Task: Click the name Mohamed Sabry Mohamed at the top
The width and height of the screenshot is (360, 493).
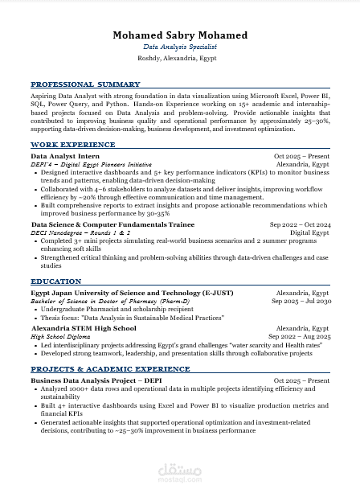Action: [180, 35]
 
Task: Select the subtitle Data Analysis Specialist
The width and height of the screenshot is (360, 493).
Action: [180, 47]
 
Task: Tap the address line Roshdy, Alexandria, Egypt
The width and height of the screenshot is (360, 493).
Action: [180, 59]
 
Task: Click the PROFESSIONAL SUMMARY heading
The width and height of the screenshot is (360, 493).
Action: [85, 84]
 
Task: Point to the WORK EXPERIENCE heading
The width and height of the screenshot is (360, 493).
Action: [72, 145]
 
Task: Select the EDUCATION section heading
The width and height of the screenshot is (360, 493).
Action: [55, 282]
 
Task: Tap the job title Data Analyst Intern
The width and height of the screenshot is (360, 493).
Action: [65, 156]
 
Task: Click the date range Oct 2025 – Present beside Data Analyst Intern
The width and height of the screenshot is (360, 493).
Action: [301, 156]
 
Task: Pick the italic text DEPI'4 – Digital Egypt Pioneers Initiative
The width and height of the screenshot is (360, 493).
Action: [91, 164]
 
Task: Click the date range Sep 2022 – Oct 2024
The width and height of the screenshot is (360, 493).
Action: [300, 224]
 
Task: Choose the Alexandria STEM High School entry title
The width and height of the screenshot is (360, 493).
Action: [84, 329]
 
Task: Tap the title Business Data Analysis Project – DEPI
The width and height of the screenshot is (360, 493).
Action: [96, 380]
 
